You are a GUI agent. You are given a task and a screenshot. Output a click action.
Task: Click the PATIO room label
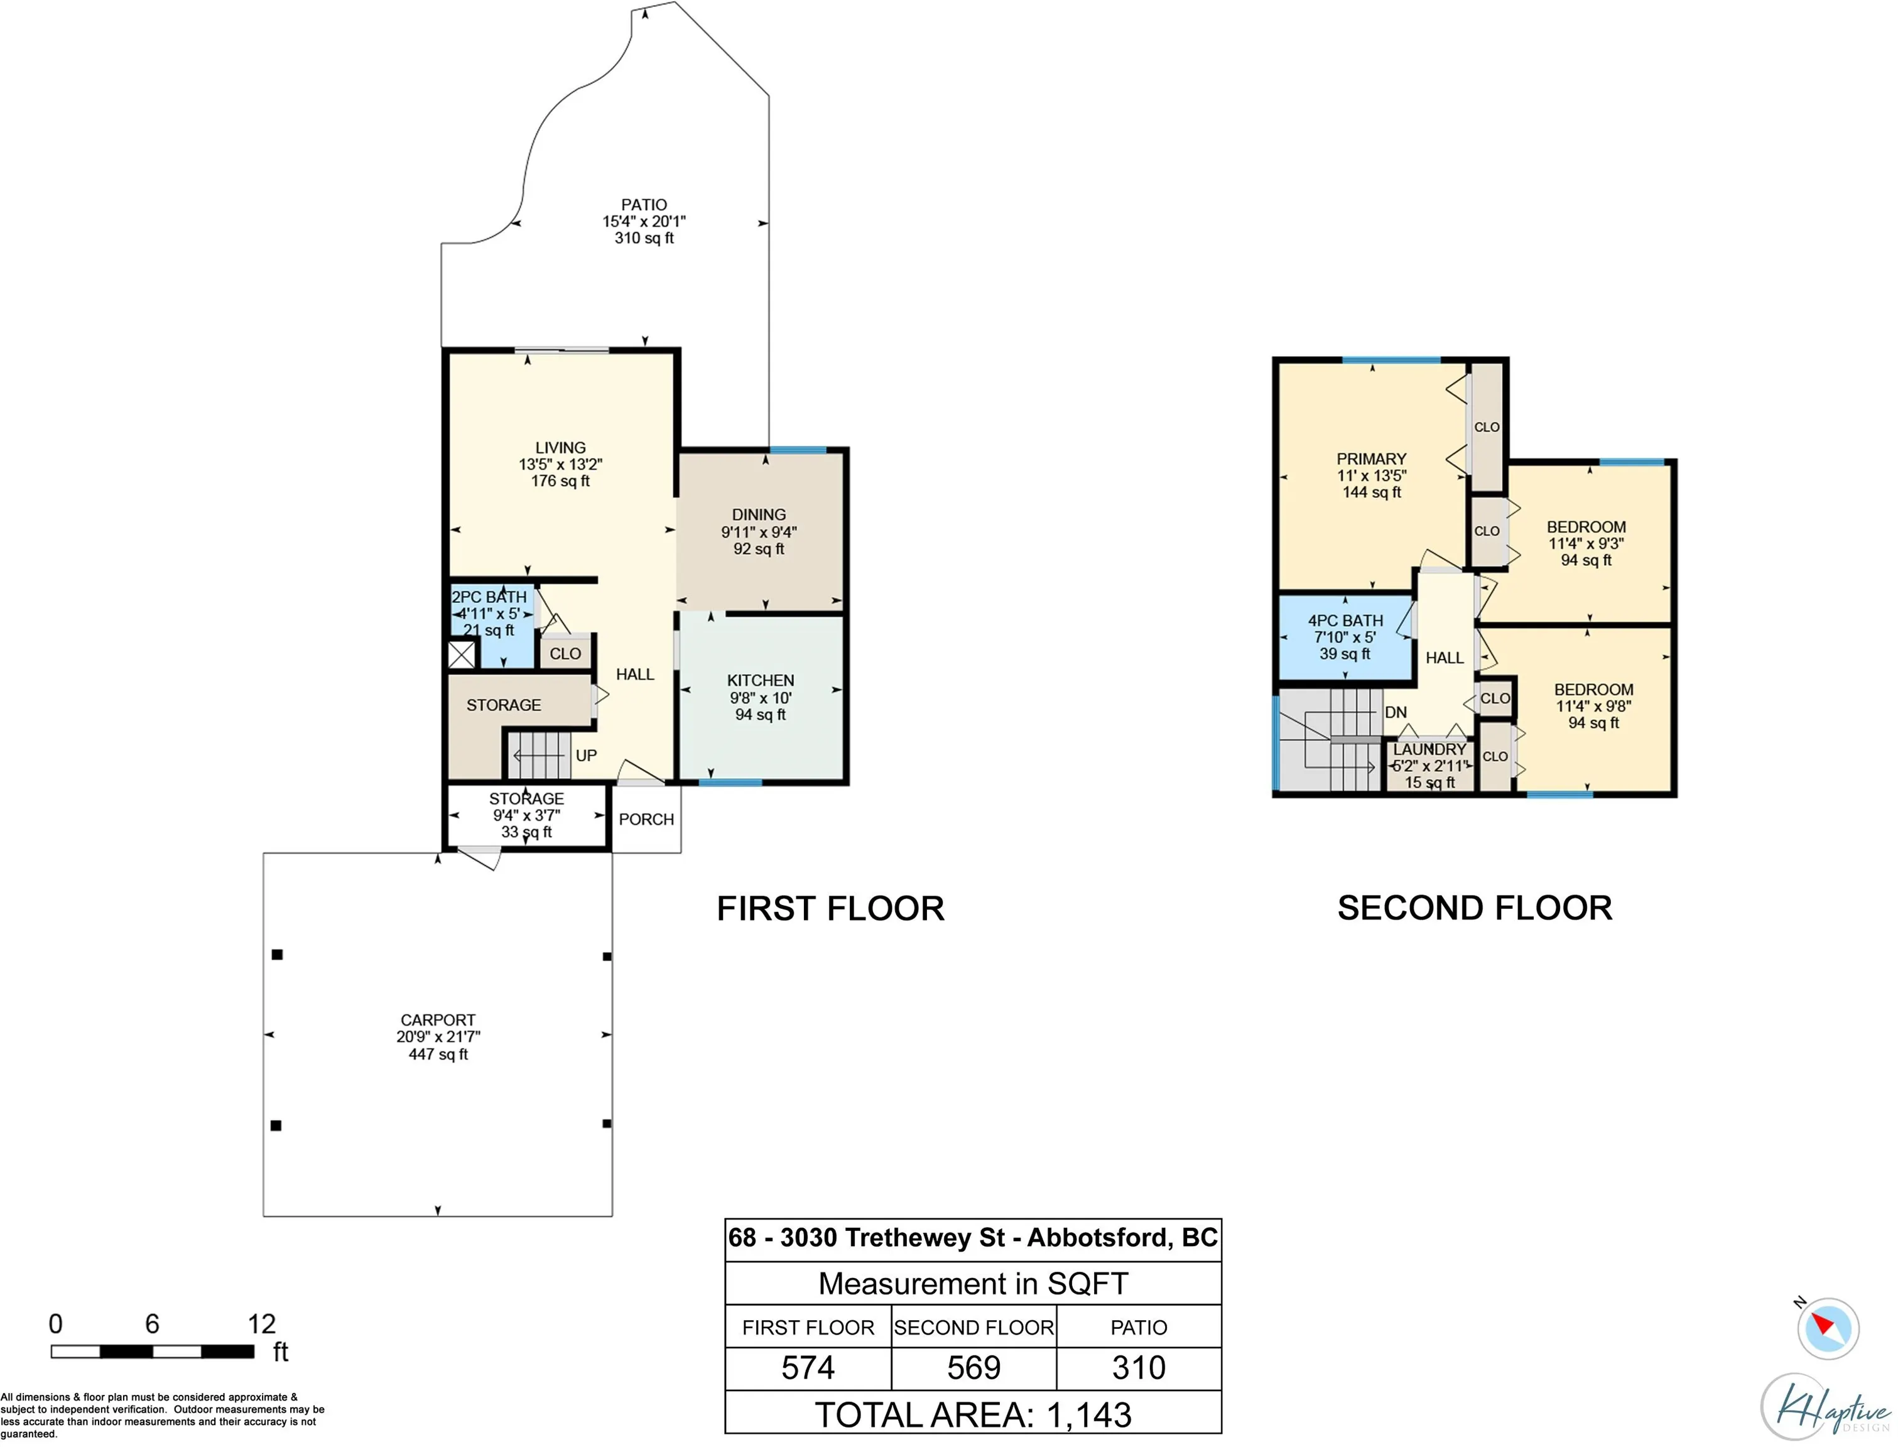click(644, 205)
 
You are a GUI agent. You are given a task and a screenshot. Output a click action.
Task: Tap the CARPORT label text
click(438, 1020)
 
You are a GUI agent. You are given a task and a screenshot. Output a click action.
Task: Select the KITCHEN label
click(761, 680)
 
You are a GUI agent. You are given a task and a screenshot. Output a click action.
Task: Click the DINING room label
click(759, 514)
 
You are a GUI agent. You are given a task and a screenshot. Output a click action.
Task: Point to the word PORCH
click(646, 819)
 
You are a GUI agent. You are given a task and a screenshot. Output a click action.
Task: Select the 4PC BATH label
click(1345, 620)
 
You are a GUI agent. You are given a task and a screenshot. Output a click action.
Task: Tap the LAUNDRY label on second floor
click(1429, 749)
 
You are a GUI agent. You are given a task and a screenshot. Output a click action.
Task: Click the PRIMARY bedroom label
click(1371, 459)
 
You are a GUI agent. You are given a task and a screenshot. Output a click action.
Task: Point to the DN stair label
click(1396, 712)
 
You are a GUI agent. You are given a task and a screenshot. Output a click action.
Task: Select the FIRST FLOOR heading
click(830, 909)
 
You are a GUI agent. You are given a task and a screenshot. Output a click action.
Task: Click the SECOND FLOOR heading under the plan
click(1474, 908)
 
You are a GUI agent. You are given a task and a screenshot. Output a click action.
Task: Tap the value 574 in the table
click(808, 1368)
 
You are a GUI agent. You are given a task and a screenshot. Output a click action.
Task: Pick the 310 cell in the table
click(1139, 1368)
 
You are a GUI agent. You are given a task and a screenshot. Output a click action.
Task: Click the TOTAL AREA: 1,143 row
click(973, 1414)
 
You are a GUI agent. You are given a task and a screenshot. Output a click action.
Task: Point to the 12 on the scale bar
click(262, 1324)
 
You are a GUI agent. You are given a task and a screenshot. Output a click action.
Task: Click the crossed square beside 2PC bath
click(462, 654)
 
